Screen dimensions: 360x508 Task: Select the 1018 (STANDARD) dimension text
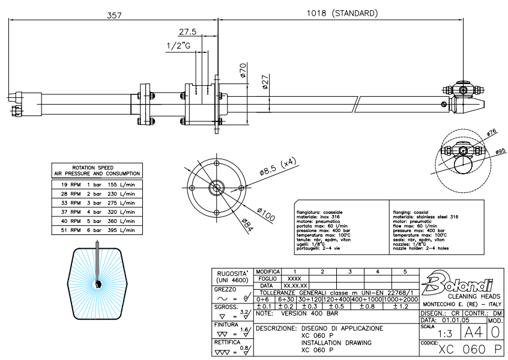click(342, 13)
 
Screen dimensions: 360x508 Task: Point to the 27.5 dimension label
click(187, 32)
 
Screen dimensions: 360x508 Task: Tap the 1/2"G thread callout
click(178, 46)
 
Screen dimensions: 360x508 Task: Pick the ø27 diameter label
click(265, 82)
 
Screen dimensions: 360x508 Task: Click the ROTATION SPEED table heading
click(97, 167)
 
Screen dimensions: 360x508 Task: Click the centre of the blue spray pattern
click(97, 284)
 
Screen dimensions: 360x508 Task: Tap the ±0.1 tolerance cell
click(264, 307)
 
